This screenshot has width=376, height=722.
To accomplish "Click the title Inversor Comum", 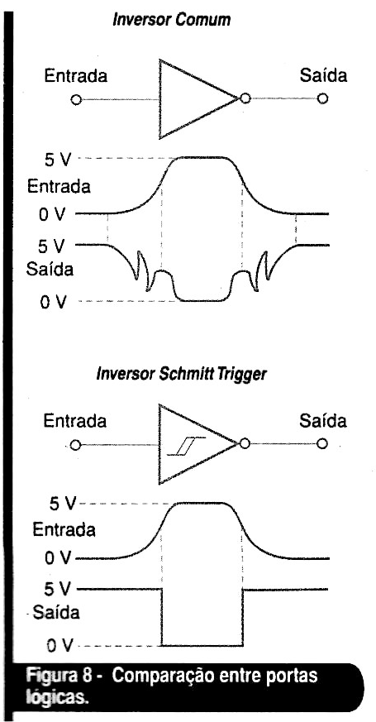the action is coord(172,20).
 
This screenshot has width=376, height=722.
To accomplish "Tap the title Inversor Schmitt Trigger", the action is coord(181,374).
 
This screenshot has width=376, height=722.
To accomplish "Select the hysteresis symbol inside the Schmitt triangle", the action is coord(187,447).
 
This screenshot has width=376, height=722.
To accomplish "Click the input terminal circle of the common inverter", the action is coord(76,100).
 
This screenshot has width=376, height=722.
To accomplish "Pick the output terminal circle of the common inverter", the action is coord(322,98).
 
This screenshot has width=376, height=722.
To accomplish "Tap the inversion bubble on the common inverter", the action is coord(245,98).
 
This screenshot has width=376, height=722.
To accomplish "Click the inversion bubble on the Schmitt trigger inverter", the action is coord(245,443).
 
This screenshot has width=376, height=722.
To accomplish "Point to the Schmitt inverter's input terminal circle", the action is coord(76,445).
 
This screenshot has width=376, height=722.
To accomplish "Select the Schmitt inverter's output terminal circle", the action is coord(322,443).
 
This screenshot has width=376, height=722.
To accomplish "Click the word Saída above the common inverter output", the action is coord(324,75).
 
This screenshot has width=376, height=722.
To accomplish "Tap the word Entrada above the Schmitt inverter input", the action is coord(75,421).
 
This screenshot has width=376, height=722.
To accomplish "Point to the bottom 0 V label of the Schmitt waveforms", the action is coord(59,647).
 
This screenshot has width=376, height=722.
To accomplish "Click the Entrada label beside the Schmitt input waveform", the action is coord(64,530).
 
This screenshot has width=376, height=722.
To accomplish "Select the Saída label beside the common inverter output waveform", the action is coord(50,270).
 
